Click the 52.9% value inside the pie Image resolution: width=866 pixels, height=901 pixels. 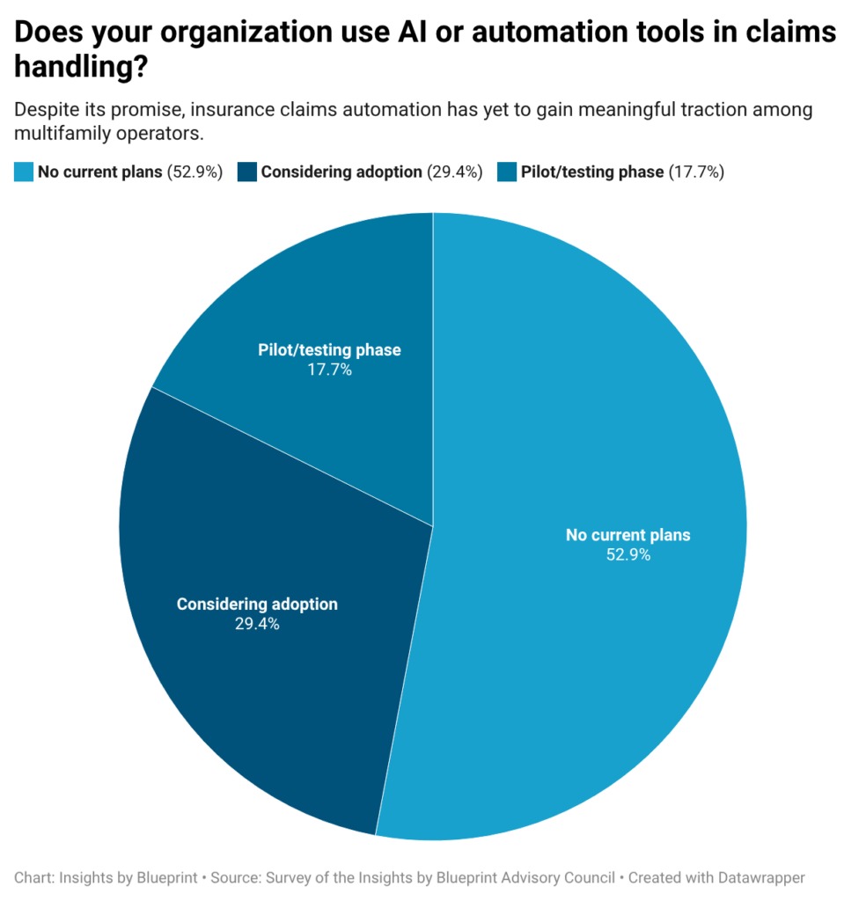pos(627,555)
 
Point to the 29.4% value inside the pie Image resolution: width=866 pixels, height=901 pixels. pos(257,625)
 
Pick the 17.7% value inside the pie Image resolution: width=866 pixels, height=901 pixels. pos(329,370)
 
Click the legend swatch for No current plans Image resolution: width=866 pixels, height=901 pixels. pos(24,172)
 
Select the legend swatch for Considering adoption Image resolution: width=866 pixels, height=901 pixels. pos(247,172)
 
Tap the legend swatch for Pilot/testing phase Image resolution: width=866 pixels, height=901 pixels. pos(507,172)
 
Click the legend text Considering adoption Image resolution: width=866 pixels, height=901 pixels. pos(341,172)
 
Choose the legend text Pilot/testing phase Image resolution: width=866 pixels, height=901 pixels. pos(592,172)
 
